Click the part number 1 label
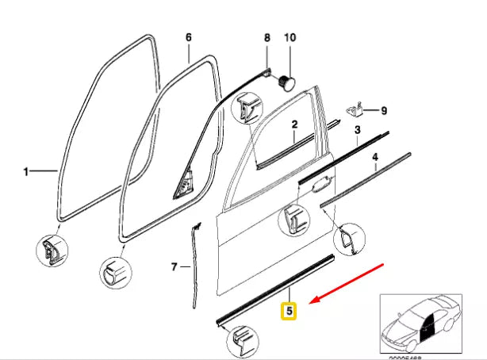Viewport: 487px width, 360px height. click(25, 170)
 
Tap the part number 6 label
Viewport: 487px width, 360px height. click(188, 37)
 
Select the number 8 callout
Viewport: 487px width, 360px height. click(267, 37)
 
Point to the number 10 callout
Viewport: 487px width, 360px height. click(289, 37)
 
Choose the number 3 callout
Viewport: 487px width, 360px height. click(357, 129)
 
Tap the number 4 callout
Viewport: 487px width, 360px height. click(375, 158)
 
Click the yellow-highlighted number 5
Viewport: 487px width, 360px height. click(290, 312)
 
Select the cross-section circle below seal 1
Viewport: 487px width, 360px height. click(53, 251)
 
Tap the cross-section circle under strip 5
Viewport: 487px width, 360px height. click(241, 343)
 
